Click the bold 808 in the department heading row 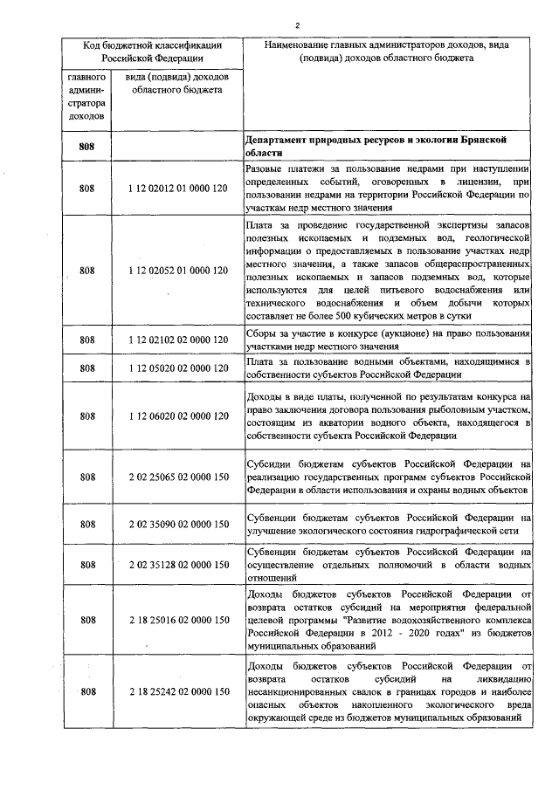[86, 146]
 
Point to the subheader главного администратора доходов [86, 95]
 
